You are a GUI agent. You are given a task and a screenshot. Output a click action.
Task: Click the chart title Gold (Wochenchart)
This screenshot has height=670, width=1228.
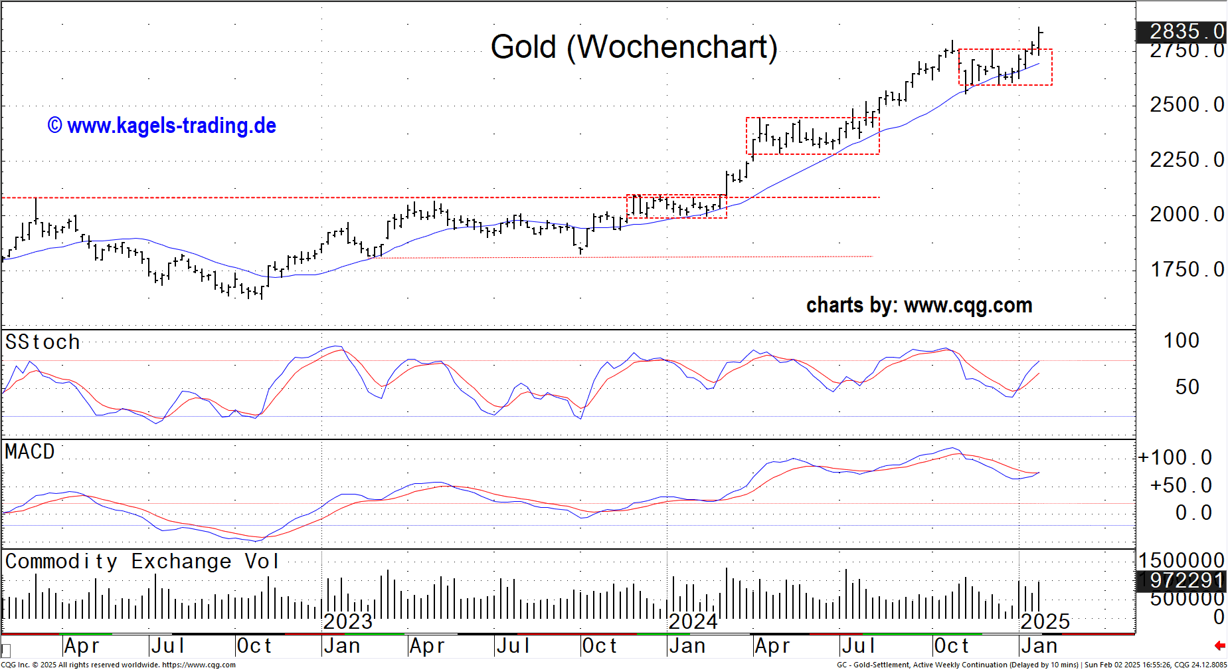pyautogui.click(x=634, y=47)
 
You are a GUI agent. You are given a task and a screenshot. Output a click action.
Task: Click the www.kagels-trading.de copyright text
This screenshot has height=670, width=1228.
pyautogui.click(x=162, y=126)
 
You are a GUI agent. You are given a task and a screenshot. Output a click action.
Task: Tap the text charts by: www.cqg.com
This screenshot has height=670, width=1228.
pyautogui.click(x=919, y=305)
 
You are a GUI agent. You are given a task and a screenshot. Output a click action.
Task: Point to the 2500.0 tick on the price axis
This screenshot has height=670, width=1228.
pyautogui.click(x=1186, y=105)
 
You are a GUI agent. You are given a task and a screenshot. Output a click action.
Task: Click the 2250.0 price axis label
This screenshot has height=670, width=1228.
pyautogui.click(x=1186, y=160)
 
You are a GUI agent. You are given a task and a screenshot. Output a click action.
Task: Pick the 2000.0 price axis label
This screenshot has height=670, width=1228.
pyautogui.click(x=1186, y=215)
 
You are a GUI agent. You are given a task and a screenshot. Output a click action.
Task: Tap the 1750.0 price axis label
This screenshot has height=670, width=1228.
pyautogui.click(x=1186, y=270)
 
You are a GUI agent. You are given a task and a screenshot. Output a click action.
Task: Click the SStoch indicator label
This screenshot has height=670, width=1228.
pyautogui.click(x=43, y=342)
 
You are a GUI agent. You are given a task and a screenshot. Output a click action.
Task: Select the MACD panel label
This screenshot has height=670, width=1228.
pyautogui.click(x=30, y=452)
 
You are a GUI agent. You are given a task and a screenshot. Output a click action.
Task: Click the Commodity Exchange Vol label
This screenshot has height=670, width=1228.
pyautogui.click(x=141, y=562)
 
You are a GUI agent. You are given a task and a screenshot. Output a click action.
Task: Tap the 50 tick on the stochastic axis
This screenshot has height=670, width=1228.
pyautogui.click(x=1187, y=388)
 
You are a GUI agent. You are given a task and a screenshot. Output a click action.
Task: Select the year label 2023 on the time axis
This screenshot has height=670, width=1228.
pyautogui.click(x=347, y=622)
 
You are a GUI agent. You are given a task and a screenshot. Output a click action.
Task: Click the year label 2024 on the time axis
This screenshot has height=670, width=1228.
pyautogui.click(x=693, y=622)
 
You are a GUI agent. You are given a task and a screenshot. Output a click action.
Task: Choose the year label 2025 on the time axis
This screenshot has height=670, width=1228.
pyautogui.click(x=1045, y=622)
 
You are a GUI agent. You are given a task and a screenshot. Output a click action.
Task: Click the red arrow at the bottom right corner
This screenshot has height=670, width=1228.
pyautogui.click(x=1219, y=645)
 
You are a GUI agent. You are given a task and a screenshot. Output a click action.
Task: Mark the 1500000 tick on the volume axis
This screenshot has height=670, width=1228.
pyautogui.click(x=1182, y=560)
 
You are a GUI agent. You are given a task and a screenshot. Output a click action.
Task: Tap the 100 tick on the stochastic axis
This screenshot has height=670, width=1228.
pyautogui.click(x=1182, y=341)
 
